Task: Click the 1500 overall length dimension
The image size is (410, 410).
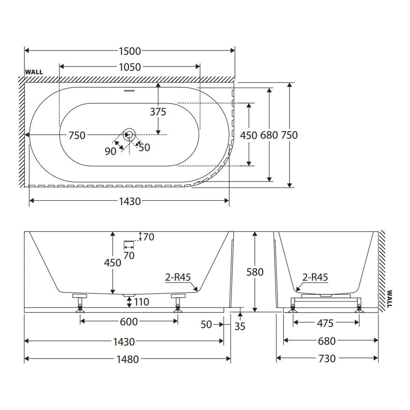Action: click(130, 51)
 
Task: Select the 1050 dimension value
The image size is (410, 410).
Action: click(130, 67)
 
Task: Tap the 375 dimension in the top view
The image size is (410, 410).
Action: click(158, 112)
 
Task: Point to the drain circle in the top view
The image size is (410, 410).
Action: click(129, 135)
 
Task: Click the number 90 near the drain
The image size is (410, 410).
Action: click(110, 151)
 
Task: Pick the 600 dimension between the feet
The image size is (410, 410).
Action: click(129, 322)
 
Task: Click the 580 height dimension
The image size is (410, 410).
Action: click(255, 272)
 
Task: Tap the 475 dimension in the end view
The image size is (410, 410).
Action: click(325, 324)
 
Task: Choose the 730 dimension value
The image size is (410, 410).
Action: click(327, 358)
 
